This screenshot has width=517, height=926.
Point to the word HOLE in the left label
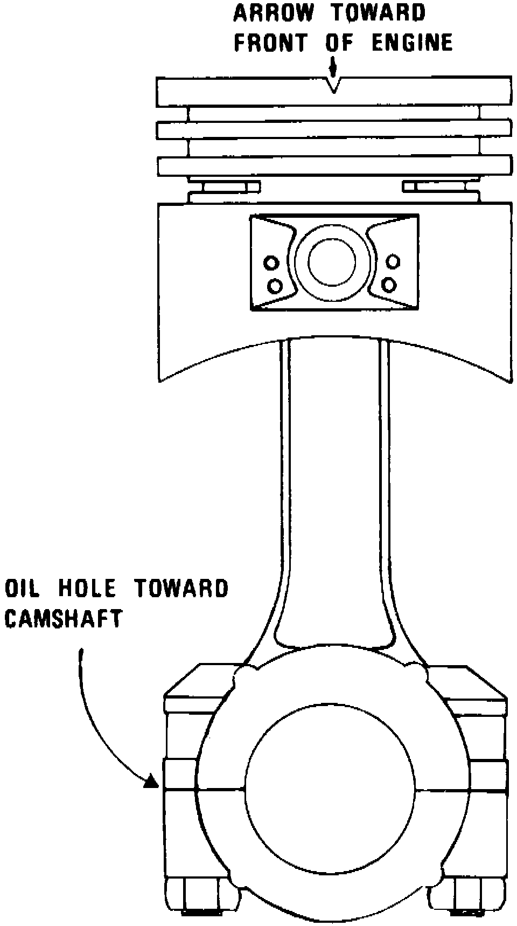87,588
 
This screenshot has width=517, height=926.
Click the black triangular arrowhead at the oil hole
152,782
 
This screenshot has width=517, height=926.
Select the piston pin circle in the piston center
332,261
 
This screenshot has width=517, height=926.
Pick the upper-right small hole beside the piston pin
394,262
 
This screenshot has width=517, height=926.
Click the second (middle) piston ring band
334,129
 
